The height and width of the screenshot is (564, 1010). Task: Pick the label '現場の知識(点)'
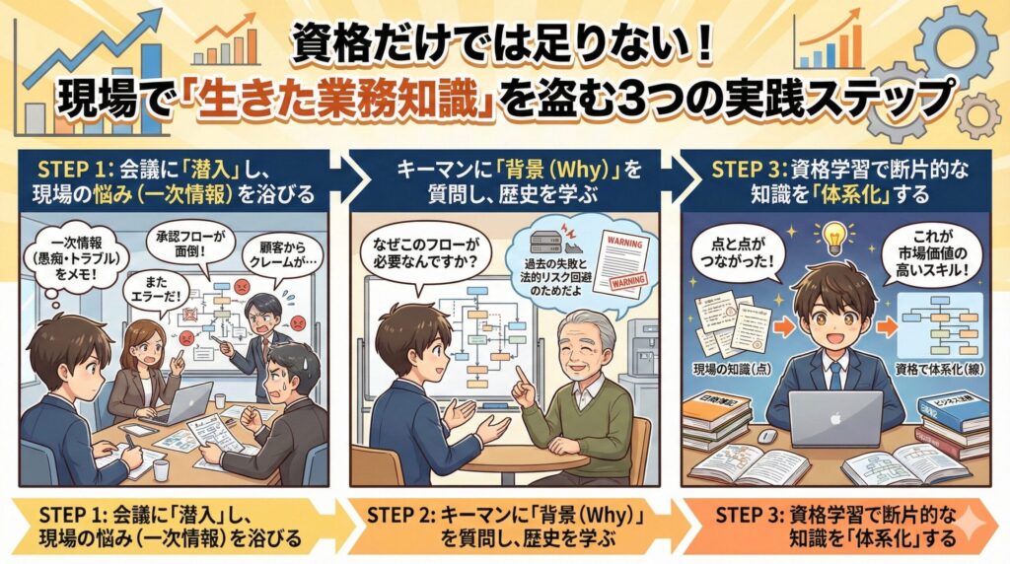[x=724, y=368]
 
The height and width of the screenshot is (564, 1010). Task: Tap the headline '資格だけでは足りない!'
[x=504, y=40]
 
